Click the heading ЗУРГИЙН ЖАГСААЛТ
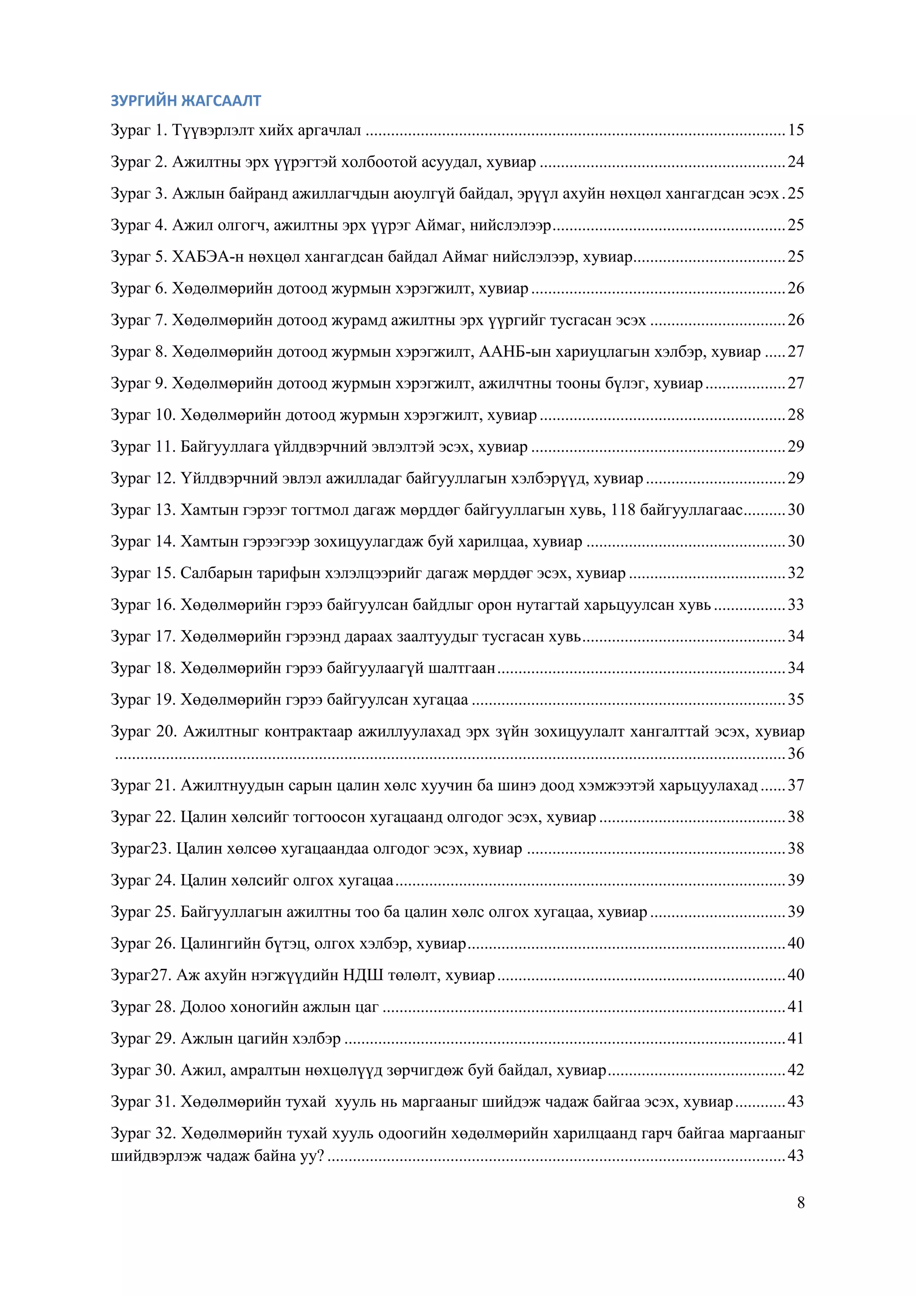(186, 101)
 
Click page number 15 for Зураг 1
(795, 130)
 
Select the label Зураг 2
(139, 162)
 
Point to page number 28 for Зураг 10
(795, 415)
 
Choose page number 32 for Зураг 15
(795, 573)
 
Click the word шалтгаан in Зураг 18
(462, 668)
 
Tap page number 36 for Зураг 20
(795, 754)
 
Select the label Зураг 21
(143, 785)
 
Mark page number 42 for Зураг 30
(795, 1070)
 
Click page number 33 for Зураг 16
(795, 605)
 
